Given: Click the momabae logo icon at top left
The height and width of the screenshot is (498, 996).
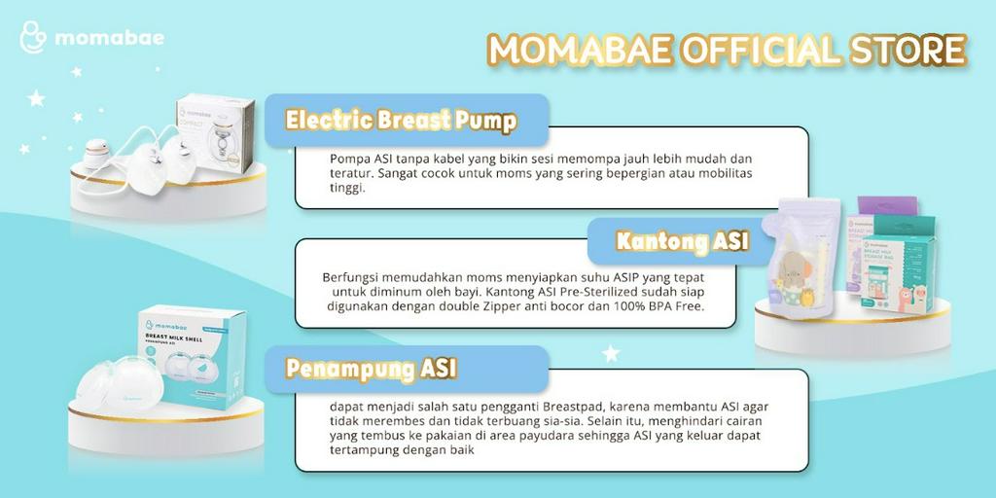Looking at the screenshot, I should [x=32, y=39].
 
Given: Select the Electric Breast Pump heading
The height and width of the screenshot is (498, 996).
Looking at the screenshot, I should [x=400, y=120].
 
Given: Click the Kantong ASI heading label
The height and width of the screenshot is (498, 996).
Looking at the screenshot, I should [x=682, y=240].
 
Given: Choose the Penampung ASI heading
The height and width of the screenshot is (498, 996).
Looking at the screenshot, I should [x=371, y=369].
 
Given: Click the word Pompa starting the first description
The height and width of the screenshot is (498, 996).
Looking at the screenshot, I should [x=348, y=159].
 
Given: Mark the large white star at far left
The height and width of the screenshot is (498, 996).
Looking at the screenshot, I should [x=37, y=98].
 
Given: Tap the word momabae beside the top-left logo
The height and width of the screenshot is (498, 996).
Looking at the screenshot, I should [x=109, y=39].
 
